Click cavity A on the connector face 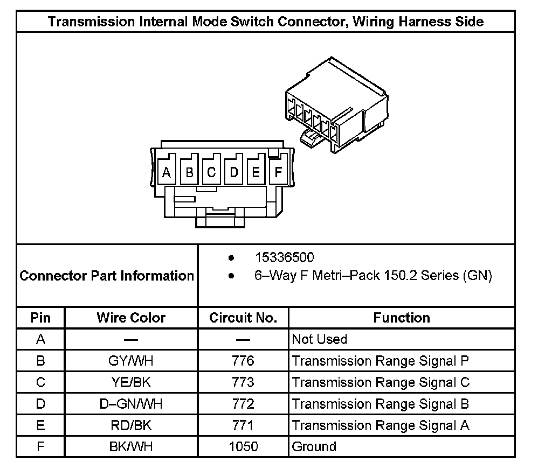click(167, 173)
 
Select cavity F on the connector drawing click(278, 173)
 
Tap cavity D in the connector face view click(234, 173)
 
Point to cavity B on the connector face click(189, 173)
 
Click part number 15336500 click(284, 258)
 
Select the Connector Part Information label click(107, 276)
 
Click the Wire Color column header click(131, 318)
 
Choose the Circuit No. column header click(243, 318)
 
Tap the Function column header click(402, 318)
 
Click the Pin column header click(40, 318)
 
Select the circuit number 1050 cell click(243, 446)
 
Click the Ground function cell click(314, 446)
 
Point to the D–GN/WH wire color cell click(131, 404)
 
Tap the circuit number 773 click(243, 382)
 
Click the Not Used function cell click(319, 339)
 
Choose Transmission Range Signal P click(381, 361)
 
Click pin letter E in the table click(40, 425)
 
